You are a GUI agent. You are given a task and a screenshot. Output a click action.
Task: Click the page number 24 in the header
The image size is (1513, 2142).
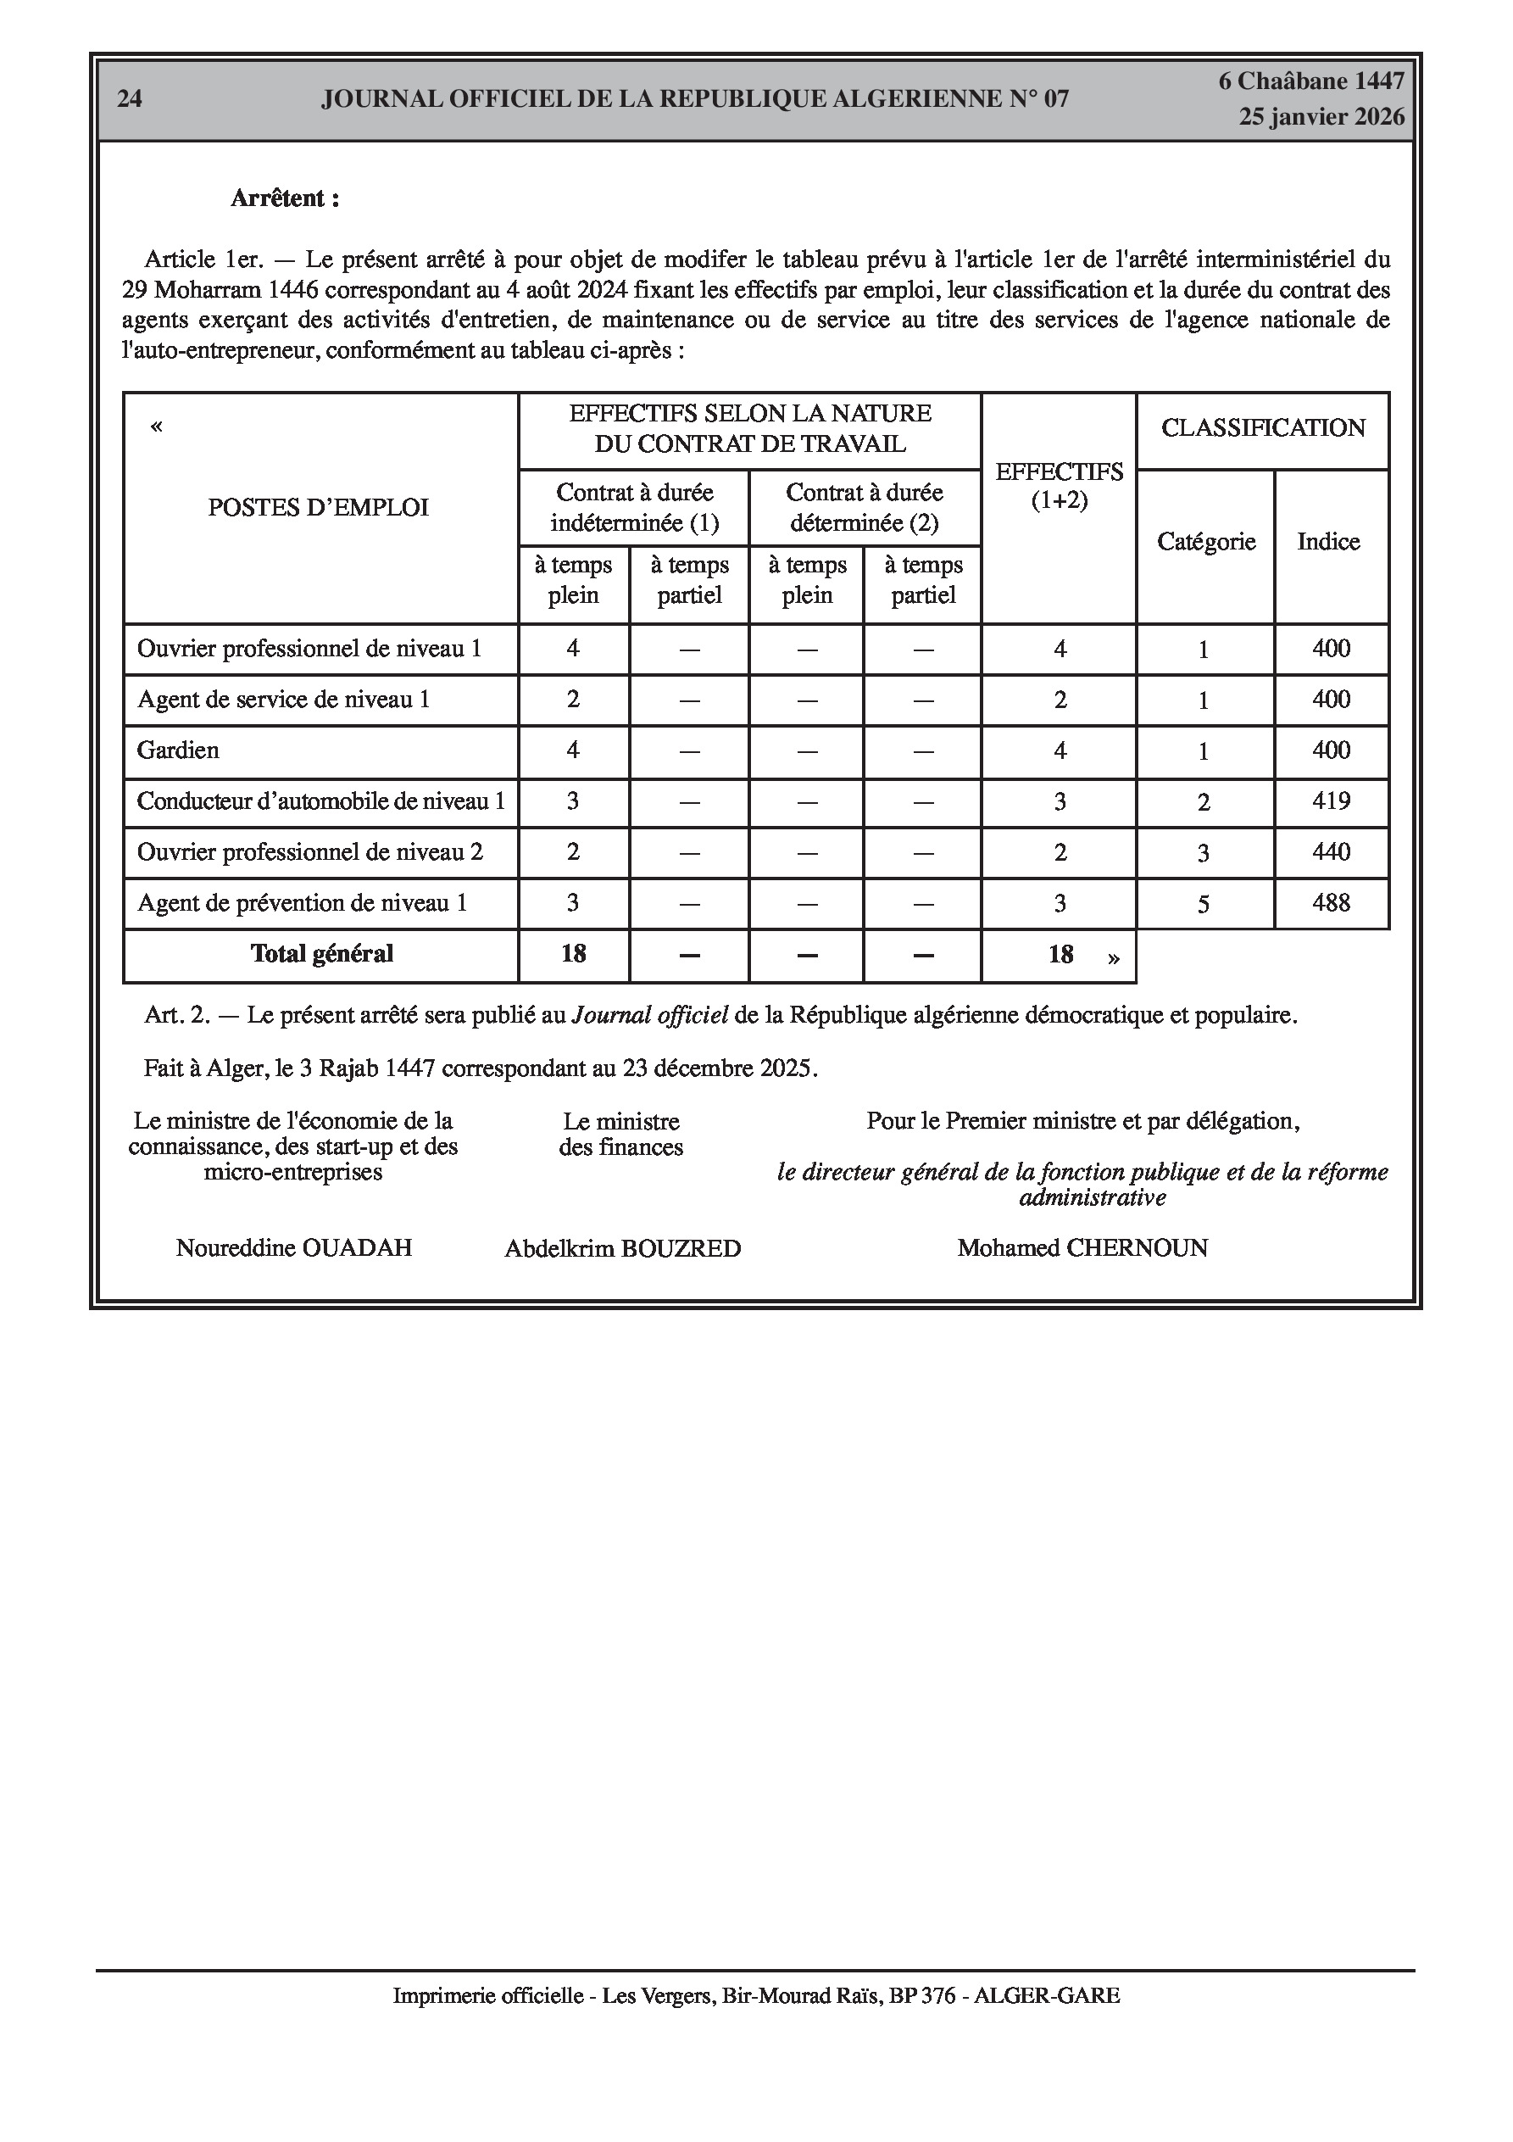pos(130,99)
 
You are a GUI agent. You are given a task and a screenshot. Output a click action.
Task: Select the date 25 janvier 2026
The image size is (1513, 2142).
pos(1321,117)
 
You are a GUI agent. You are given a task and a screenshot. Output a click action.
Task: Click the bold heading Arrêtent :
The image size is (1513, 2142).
pos(285,198)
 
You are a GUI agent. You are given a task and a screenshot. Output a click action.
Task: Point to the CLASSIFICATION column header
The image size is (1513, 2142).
pos(1263,428)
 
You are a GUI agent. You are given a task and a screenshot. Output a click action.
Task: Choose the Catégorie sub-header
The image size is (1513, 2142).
pos(1206,542)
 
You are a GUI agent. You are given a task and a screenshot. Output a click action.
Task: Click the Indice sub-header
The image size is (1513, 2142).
pos(1328,542)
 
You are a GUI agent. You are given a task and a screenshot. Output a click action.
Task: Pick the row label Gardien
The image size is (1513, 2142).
pos(178,751)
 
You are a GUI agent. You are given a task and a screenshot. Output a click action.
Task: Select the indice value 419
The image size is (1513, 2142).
pos(1331,801)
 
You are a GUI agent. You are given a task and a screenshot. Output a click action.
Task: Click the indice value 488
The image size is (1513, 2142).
pos(1331,903)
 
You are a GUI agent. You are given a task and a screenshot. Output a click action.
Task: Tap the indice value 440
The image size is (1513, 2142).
pos(1331,851)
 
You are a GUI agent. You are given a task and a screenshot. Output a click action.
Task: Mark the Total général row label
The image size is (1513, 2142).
pos(322,953)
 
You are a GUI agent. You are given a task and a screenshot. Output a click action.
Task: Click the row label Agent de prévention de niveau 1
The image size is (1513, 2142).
pos(303,903)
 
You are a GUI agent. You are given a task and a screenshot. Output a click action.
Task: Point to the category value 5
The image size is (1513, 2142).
pos(1204,905)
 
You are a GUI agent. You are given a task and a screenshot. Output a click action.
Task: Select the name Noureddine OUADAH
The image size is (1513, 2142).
pos(294,1248)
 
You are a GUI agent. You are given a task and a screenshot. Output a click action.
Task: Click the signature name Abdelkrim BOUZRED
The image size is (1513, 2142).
pos(622,1249)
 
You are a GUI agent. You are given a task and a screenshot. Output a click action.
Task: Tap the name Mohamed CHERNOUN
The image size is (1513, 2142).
pos(1082,1248)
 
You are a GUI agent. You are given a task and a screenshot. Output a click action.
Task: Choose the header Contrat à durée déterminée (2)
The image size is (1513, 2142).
pos(865,507)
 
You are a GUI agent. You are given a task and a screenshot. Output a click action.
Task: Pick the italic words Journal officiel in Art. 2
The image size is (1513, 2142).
pos(649,1015)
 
